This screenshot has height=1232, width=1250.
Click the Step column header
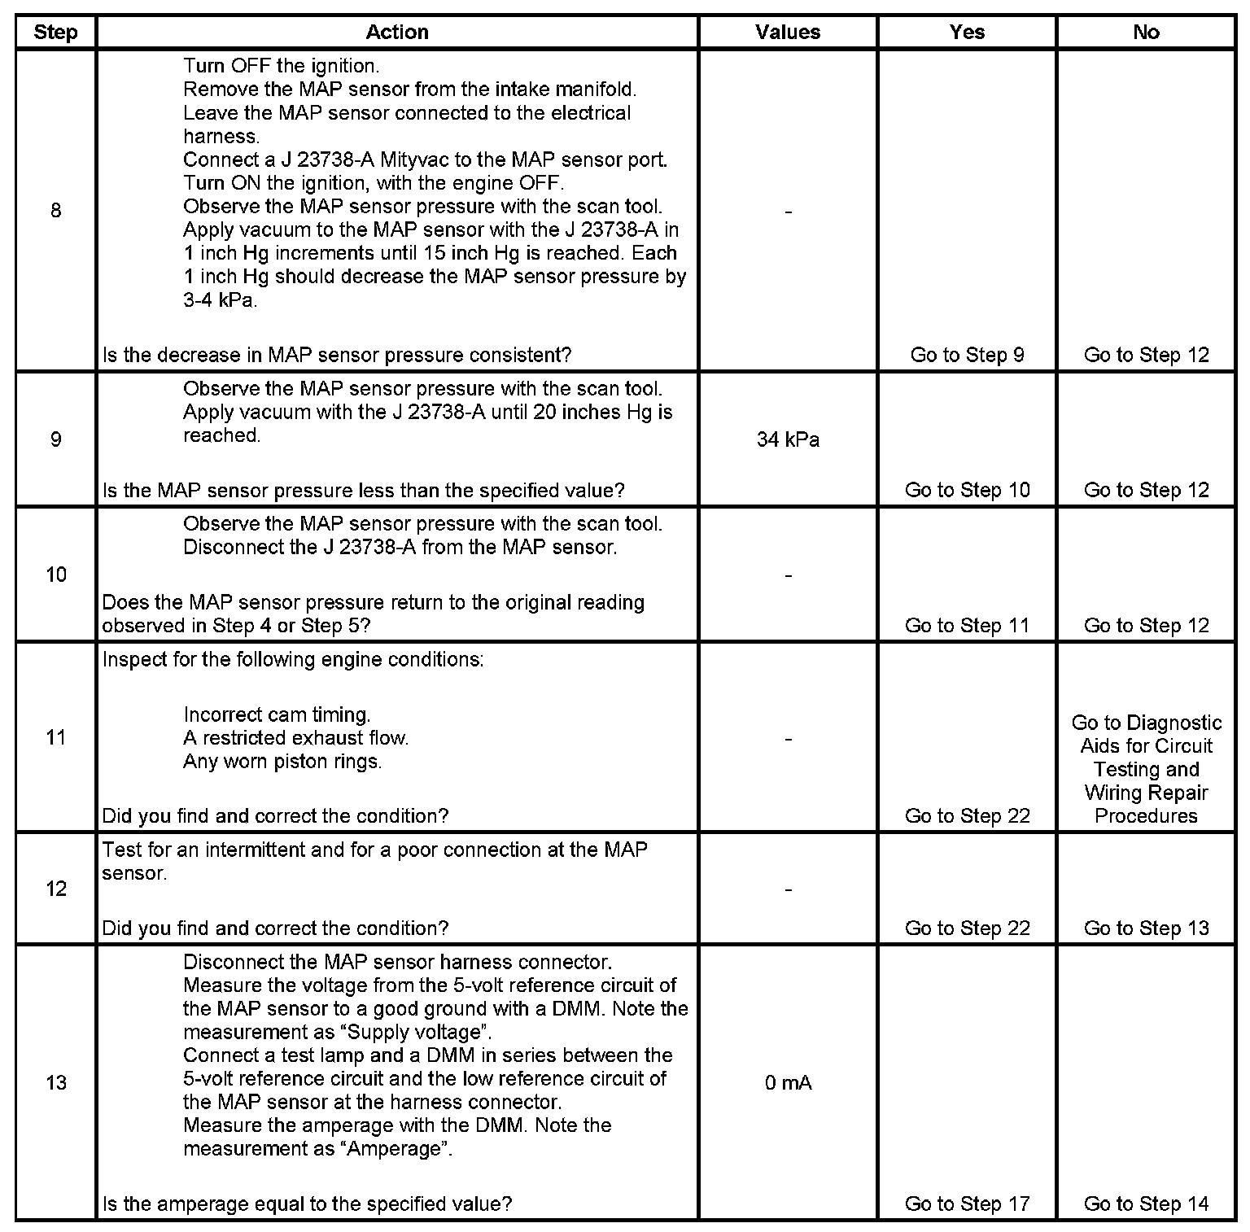(55, 33)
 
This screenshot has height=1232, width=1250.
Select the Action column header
(397, 33)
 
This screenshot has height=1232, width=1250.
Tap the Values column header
(788, 33)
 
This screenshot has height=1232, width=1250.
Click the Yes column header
(967, 33)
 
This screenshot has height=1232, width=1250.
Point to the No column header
(1146, 33)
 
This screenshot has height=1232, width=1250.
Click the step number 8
(55, 211)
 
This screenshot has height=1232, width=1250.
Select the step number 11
(55, 737)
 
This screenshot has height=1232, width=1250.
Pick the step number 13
(55, 1083)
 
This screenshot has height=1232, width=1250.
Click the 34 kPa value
(788, 440)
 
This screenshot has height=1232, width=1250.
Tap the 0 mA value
(788, 1083)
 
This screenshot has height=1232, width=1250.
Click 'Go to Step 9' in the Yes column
(967, 355)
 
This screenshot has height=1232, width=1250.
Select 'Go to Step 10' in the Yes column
(967, 490)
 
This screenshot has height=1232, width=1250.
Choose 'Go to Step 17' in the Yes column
(967, 1204)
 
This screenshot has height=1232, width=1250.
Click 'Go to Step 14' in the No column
(1146, 1204)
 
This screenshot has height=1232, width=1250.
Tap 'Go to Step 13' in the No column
(1146, 928)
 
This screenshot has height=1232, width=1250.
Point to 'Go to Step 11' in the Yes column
(967, 626)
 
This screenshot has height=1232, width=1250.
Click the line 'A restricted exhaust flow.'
(296, 738)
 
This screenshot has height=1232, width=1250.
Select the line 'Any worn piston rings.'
(282, 762)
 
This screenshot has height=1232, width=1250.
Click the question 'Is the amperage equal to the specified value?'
(307, 1204)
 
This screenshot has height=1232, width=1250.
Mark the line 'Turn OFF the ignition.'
(281, 66)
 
